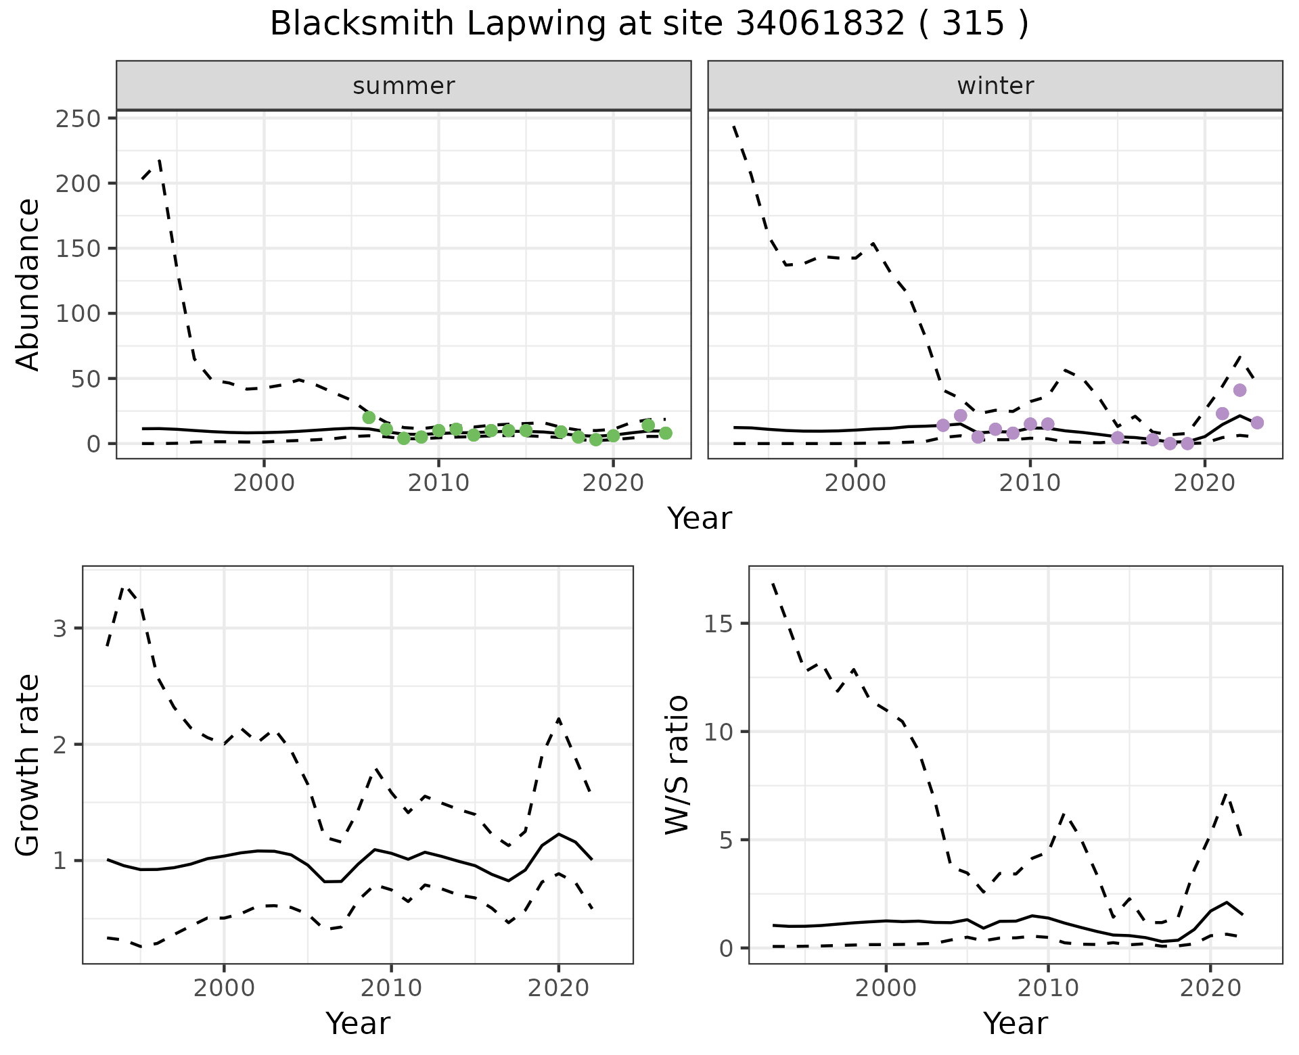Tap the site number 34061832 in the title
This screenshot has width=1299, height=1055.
pyautogui.click(x=821, y=24)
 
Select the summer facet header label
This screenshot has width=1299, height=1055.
pyautogui.click(x=404, y=86)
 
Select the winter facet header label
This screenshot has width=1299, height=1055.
pyautogui.click(x=995, y=86)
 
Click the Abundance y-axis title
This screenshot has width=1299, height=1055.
pyautogui.click(x=28, y=284)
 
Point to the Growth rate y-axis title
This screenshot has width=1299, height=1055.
pyautogui.click(x=28, y=766)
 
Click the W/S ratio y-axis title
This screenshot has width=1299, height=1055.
pyautogui.click(x=677, y=766)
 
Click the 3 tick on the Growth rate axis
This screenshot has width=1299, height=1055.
pyautogui.click(x=60, y=628)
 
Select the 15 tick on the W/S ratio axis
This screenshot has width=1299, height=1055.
pyautogui.click(x=719, y=624)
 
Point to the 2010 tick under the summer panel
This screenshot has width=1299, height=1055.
pyautogui.click(x=438, y=484)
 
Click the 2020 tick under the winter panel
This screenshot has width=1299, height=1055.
pyautogui.click(x=1204, y=484)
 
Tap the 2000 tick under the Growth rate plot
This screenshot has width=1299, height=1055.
pyautogui.click(x=224, y=988)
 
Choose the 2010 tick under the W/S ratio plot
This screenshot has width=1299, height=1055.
pyautogui.click(x=1048, y=988)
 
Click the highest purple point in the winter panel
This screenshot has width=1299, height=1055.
pyautogui.click(x=1239, y=390)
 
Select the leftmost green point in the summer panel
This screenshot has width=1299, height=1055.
pyautogui.click(x=369, y=417)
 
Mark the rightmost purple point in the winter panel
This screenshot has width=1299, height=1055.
pyautogui.click(x=1257, y=423)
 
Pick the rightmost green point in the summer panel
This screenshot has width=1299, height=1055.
pyautogui.click(x=666, y=433)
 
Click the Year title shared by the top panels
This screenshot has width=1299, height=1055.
pyautogui.click(x=700, y=519)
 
